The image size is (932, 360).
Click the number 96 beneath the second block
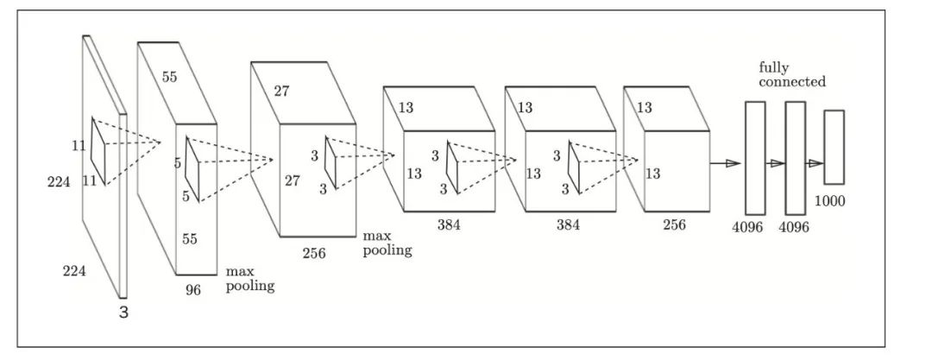click(192, 290)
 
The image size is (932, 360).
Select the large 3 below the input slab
click(123, 313)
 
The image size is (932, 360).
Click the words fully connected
click(792, 74)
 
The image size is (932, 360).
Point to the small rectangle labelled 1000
click(834, 147)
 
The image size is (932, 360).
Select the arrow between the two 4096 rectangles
click(775, 163)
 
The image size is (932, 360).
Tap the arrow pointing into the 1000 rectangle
click(814, 162)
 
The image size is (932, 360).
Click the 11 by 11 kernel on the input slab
click(100, 153)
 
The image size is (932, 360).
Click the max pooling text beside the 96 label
click(250, 279)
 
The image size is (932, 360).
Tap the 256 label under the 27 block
click(315, 253)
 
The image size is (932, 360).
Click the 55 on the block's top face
click(170, 77)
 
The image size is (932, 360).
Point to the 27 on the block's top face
click(281, 91)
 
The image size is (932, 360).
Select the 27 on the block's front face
click(291, 182)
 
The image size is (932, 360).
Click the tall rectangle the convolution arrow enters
click(755, 157)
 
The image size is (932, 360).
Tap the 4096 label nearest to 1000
click(795, 230)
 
